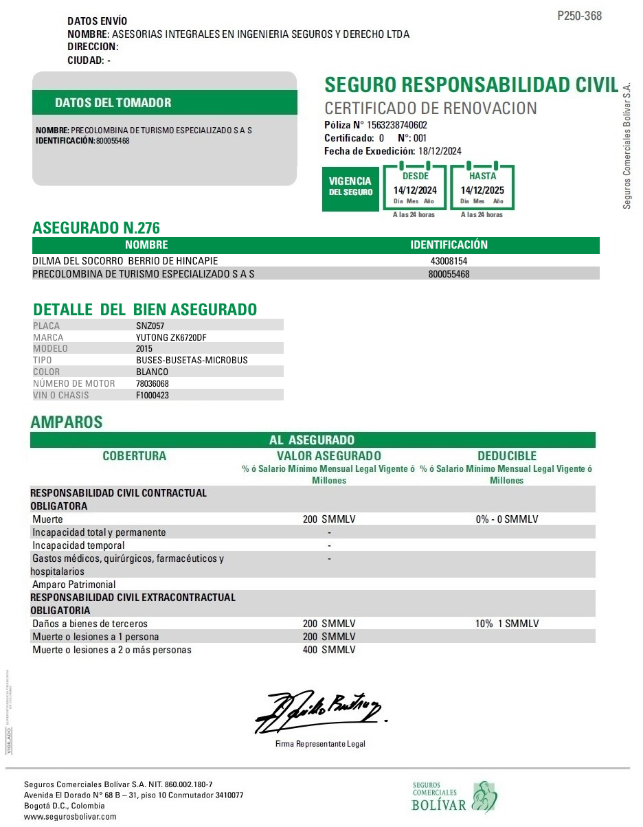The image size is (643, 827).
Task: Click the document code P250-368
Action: click(x=579, y=16)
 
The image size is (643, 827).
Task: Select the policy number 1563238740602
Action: click(x=397, y=125)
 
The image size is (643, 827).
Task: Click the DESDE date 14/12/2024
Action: click(x=415, y=190)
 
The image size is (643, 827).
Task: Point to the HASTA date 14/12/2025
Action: click(x=482, y=190)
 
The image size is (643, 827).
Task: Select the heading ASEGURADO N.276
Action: click(x=96, y=228)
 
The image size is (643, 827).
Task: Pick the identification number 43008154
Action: click(x=449, y=262)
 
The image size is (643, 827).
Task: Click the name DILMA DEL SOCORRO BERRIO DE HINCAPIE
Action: click(x=125, y=262)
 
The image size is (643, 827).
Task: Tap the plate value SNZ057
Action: click(x=150, y=326)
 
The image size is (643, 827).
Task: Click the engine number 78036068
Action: click(x=153, y=383)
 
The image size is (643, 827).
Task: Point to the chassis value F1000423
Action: click(x=153, y=395)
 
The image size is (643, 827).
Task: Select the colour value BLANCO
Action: click(x=152, y=372)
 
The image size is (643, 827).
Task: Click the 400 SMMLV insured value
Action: click(x=329, y=650)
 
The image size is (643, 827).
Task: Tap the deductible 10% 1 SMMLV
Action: click(x=507, y=624)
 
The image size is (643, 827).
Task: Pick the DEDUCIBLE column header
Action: click(x=507, y=456)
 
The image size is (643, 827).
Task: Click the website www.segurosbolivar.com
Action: click(x=70, y=817)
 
